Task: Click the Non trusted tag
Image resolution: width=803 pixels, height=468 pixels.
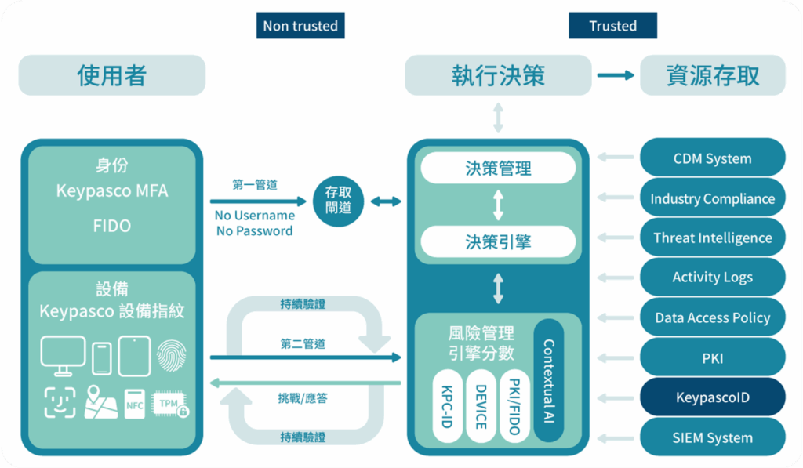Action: click(300, 26)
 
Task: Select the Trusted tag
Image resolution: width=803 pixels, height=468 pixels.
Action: click(612, 26)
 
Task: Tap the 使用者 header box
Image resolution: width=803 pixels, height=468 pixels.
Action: click(112, 75)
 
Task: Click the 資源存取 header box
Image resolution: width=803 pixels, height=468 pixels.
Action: click(712, 75)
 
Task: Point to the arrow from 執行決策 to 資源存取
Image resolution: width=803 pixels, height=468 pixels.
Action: click(615, 75)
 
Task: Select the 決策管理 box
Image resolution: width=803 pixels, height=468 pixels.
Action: click(498, 169)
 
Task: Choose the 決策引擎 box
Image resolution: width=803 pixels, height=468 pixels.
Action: click(498, 242)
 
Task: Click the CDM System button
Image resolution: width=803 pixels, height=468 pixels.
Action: click(712, 158)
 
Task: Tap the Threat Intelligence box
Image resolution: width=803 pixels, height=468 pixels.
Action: click(712, 238)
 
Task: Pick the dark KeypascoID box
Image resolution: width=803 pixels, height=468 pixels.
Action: click(712, 397)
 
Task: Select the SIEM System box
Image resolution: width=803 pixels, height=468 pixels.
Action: click(712, 437)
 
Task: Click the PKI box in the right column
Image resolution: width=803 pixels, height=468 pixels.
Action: click(712, 358)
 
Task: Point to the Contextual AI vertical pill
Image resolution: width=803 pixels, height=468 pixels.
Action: click(548, 379)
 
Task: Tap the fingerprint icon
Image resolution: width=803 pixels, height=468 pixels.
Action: click(172, 355)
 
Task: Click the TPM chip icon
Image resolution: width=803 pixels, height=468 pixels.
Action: click(171, 403)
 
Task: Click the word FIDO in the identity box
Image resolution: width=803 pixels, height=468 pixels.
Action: click(112, 226)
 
